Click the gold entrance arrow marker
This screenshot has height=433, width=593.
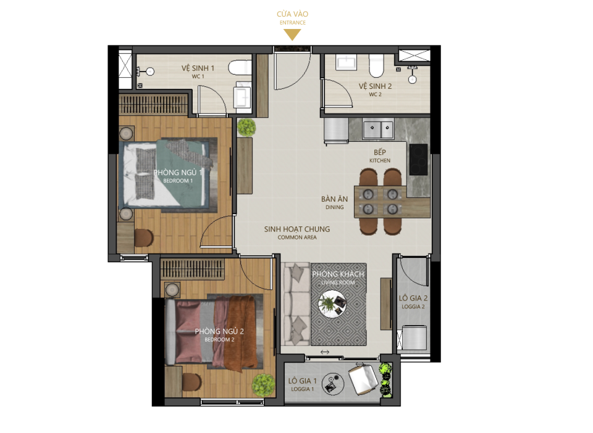pos(292,35)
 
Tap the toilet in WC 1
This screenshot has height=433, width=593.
pos(240,68)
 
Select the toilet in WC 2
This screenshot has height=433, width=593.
pos(376,65)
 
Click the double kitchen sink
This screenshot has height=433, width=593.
pos(378,129)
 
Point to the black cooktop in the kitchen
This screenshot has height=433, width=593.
pos(418,159)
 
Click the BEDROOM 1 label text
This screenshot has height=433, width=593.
pos(178,181)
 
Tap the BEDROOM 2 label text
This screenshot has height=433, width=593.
pos(219,340)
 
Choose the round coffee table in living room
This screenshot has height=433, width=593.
pos(332,304)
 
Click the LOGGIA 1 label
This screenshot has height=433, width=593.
pos(302,389)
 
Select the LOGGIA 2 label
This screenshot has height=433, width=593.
pos(413,307)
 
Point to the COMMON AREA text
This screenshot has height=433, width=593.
pos(297,237)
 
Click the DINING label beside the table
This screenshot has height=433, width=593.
pos(335,207)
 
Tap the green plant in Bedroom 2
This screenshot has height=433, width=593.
pos(263,385)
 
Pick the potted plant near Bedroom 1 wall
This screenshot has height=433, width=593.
pos(246,127)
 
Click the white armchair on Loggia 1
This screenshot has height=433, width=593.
pos(363,379)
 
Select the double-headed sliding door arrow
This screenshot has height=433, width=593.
pos(325,352)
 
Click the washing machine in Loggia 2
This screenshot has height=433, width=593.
pos(414,337)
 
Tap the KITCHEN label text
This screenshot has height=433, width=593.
pos(380,161)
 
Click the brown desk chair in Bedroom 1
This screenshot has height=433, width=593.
pos(144,238)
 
